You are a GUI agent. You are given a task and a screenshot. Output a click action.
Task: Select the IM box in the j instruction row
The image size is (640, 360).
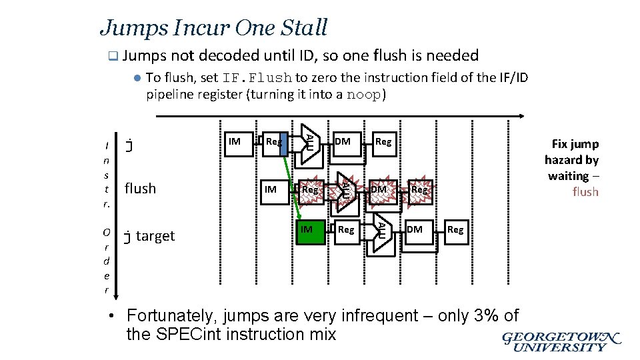(x=234, y=141)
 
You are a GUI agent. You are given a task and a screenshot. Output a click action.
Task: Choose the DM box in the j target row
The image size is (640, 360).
(x=414, y=229)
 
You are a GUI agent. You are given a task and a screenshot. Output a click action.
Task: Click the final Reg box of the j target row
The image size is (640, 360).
(x=455, y=229)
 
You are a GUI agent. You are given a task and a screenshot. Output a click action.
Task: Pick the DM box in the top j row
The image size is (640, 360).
(x=343, y=141)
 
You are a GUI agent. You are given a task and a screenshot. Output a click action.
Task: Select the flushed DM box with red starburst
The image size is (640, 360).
(x=379, y=189)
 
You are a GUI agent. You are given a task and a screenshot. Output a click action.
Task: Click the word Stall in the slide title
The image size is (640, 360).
(x=302, y=28)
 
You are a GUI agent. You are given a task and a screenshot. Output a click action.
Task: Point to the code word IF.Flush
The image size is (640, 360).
(x=258, y=78)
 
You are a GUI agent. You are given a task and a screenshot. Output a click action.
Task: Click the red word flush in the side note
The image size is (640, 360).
(x=585, y=192)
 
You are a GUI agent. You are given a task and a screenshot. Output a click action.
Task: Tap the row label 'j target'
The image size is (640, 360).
(x=150, y=236)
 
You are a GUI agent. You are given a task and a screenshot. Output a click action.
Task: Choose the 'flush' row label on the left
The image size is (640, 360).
(x=140, y=189)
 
